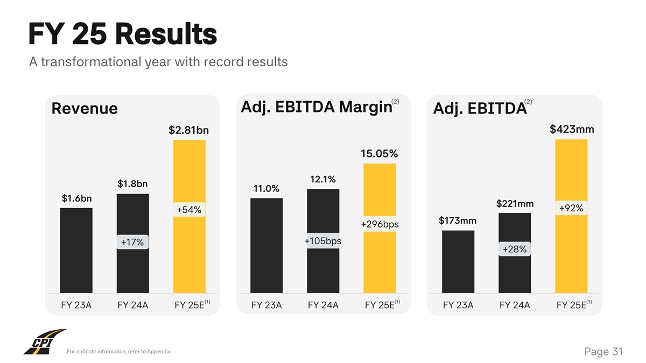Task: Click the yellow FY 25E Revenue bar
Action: pyautogui.click(x=189, y=253)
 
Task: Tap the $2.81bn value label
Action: pyautogui.click(x=188, y=130)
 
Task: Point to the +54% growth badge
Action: pyautogui.click(x=189, y=210)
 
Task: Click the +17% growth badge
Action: pyautogui.click(x=132, y=243)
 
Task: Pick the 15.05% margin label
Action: pyautogui.click(x=379, y=154)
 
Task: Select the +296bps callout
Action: pyautogui.click(x=380, y=224)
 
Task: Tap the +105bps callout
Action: pyautogui.click(x=323, y=241)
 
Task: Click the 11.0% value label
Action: pyautogui.click(x=266, y=189)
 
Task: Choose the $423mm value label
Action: pyautogui.click(x=572, y=129)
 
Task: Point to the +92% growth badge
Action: pyautogui.click(x=571, y=208)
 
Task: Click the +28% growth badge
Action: pyautogui.click(x=515, y=249)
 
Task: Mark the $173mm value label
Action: pyautogui.click(x=458, y=220)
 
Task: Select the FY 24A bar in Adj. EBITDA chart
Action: pyautogui.click(x=515, y=274)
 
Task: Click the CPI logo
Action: pyautogui.click(x=44, y=342)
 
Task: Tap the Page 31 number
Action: pyautogui.click(x=603, y=352)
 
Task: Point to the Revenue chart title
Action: pyautogui.click(x=84, y=109)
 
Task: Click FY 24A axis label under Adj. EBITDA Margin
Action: pyautogui.click(x=323, y=305)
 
